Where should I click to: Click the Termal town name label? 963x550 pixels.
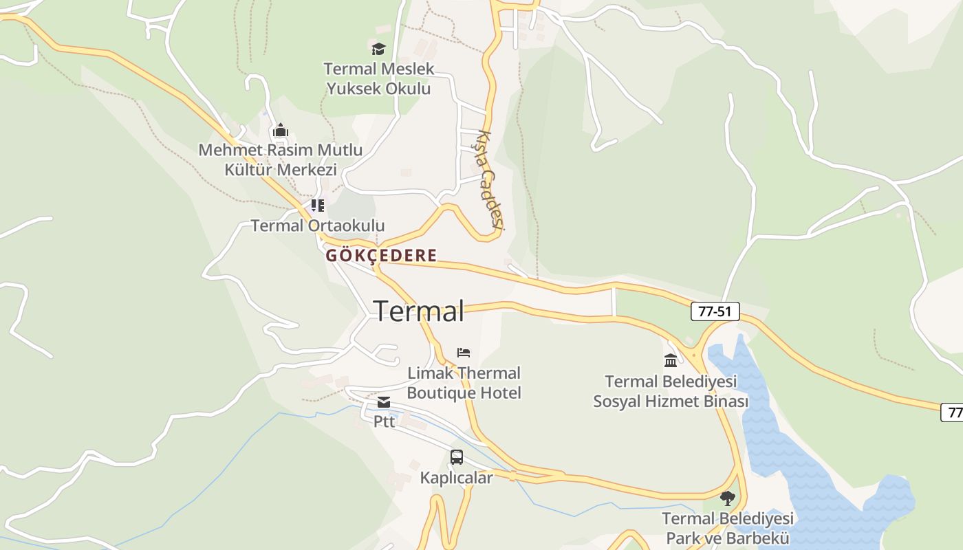tap(418, 311)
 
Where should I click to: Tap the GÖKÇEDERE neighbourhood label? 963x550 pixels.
tap(381, 256)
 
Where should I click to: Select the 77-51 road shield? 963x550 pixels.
tap(715, 311)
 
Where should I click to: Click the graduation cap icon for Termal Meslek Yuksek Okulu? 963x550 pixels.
tap(378, 49)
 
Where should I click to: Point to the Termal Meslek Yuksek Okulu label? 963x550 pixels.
tap(379, 79)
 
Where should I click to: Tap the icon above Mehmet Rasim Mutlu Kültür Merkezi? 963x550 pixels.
tap(281, 130)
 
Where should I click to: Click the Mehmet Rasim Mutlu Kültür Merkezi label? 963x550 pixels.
tap(281, 159)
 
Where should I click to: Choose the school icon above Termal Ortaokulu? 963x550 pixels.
tap(317, 205)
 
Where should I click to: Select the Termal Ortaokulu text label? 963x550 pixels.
tap(318, 225)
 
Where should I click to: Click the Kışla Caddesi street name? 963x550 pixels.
tap(492, 179)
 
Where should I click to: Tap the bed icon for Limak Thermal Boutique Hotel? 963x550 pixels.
tap(464, 353)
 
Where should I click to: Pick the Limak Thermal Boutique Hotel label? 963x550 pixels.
tap(464, 383)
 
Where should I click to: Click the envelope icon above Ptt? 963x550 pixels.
tap(384, 402)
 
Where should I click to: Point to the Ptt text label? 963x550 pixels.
tap(384, 421)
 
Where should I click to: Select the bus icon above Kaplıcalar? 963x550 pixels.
tap(456, 457)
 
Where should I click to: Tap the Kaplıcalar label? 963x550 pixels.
tap(457, 478)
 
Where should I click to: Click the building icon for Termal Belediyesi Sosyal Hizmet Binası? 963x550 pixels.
tap(671, 361)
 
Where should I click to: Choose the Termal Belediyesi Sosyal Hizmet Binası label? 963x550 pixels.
tap(671, 391)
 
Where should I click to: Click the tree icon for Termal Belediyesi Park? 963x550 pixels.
tap(728, 498)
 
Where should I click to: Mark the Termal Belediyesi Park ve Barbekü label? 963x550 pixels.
tap(728, 528)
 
